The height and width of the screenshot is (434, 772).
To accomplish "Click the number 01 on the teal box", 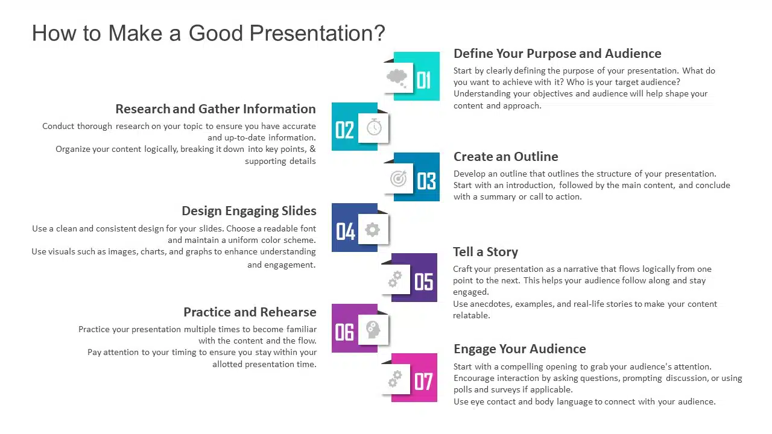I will (423, 80).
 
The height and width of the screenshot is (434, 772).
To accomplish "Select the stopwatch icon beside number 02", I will (374, 127).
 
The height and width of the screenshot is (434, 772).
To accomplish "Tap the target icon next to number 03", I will (398, 178).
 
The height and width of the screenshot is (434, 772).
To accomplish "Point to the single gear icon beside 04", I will (373, 229).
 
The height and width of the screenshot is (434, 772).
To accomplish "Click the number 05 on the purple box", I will (423, 281).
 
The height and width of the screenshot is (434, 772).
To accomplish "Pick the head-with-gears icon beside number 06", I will (373, 330).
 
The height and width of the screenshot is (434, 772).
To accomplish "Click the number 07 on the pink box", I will (423, 381).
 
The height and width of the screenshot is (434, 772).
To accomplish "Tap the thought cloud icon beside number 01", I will (396, 77).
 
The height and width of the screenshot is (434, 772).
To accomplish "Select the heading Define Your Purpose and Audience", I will (557, 54).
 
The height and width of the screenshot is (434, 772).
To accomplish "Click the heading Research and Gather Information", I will (215, 109).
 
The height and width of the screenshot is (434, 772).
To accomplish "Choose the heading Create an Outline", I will (505, 157).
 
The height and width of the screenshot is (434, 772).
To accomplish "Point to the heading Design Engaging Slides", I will (248, 211).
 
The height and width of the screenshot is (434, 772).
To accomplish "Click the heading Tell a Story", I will (485, 252).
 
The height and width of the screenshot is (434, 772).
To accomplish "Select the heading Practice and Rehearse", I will (250, 312).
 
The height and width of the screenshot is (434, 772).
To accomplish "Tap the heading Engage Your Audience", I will (519, 349).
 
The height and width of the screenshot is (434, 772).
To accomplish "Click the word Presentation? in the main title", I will (317, 33).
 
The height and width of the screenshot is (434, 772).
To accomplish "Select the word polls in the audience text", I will (463, 389).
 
